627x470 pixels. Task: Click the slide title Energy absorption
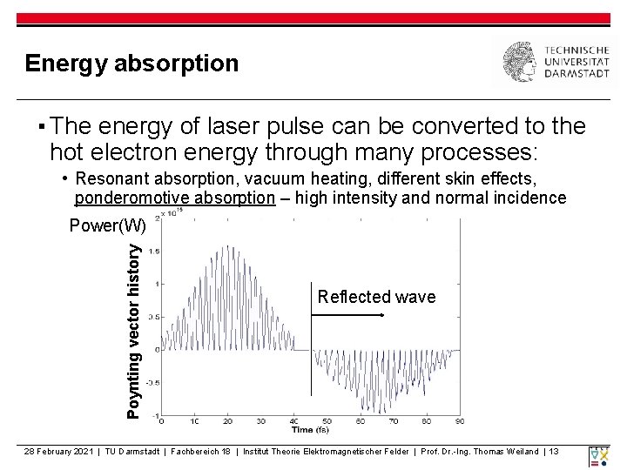pos(131,64)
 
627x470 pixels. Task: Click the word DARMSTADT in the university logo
pos(577,75)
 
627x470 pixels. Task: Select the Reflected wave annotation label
pos(376,297)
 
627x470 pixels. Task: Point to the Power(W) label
pos(107,226)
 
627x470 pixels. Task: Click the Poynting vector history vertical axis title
pos(133,330)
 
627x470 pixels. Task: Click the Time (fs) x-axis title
pos(310,430)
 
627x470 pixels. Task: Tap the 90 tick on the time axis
pos(460,421)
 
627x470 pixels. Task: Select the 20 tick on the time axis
pos(226,421)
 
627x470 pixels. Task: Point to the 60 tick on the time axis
pos(361,421)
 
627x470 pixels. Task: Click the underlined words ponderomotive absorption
pos(174,198)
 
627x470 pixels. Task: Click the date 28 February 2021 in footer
pos(59,451)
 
